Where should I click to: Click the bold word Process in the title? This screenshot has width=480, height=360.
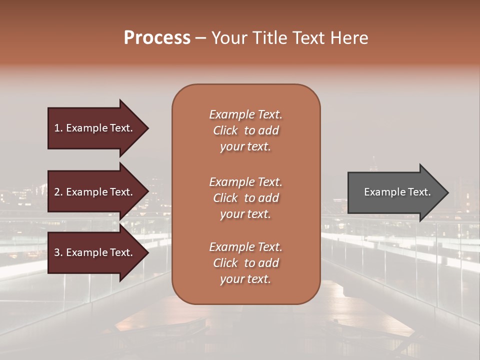point(157,38)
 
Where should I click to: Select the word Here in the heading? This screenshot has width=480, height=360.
point(348,38)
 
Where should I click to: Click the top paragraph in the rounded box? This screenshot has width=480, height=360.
point(245,130)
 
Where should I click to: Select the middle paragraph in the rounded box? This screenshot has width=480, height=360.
point(245,197)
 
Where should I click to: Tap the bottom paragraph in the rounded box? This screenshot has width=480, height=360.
point(245,263)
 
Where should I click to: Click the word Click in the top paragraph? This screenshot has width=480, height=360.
point(225,130)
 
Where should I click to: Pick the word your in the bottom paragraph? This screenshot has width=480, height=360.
point(230,279)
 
